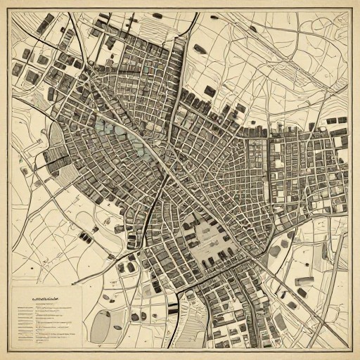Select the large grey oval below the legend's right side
point(103,325)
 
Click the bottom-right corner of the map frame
point(349,349)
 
